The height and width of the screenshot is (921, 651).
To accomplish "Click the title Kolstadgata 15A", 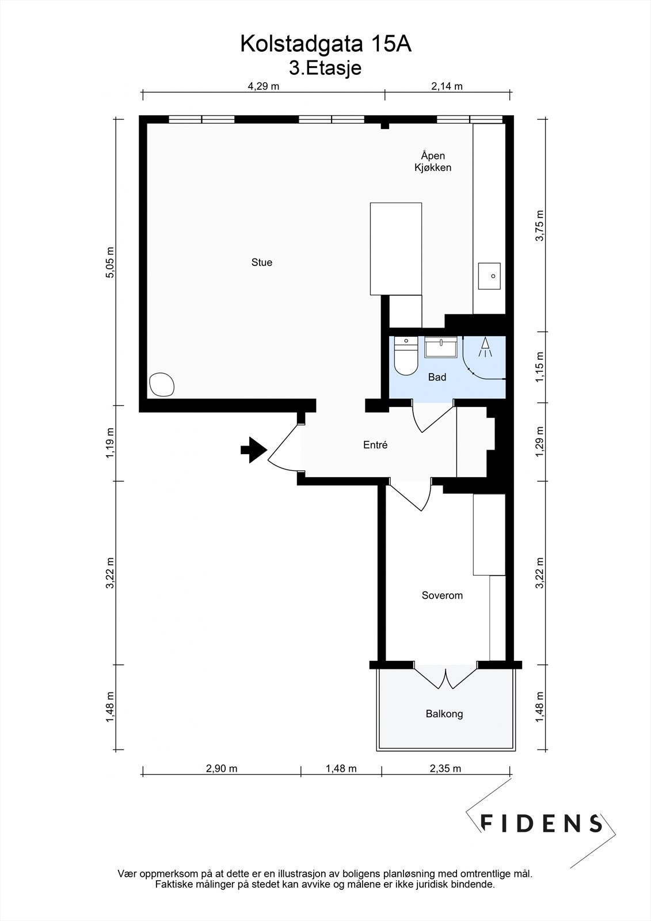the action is tap(326, 44).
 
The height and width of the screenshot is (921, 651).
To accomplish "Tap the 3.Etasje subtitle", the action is tap(325, 68).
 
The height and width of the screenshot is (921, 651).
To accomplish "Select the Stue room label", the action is tap(262, 262).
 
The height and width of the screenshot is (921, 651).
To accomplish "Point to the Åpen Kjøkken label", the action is tap(433, 162).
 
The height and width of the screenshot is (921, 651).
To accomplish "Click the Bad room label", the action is tap(437, 377).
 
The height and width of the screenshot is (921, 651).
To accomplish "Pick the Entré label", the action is tap(375, 444).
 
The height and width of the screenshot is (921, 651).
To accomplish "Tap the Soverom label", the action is tap(442, 595).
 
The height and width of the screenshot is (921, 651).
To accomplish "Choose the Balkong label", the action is tap(444, 714).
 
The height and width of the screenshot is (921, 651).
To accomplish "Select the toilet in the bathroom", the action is tap(406, 356).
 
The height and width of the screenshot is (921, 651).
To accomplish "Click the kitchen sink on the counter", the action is tap(489, 276).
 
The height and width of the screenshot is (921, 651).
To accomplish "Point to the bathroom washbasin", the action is tap(441, 347).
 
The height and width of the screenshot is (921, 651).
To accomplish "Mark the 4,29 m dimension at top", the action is tap(263, 86).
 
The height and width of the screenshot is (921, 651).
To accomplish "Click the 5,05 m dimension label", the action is tap(109, 262).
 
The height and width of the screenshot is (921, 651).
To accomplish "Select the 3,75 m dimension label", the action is tap(539, 226).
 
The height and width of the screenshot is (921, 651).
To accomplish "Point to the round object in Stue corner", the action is tap(162, 385).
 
